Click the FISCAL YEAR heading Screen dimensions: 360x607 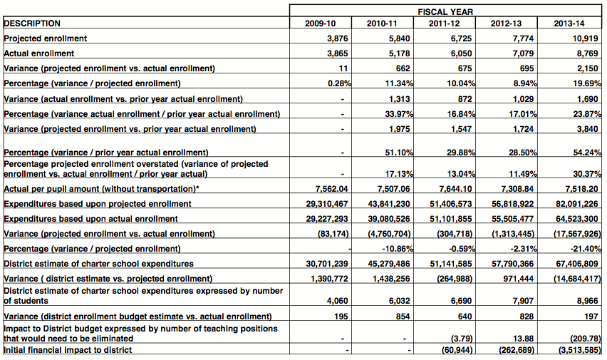point(445,12)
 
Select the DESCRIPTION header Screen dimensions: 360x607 point(33,24)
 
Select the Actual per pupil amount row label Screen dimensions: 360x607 point(100,188)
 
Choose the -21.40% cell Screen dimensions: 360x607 point(585,248)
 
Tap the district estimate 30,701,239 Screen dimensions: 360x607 point(325,264)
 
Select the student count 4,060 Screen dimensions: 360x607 point(335,300)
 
